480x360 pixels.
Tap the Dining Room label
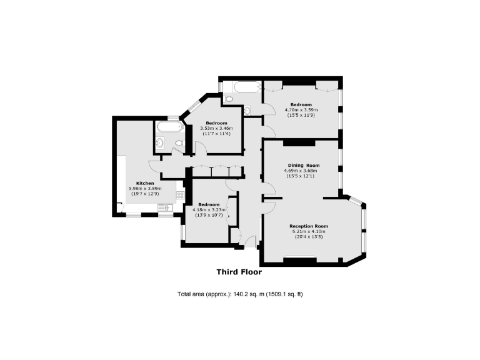pos(300,165)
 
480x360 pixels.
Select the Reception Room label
pos(309,226)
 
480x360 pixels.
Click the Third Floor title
pos(239,272)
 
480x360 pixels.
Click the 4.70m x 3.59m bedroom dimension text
pos(300,110)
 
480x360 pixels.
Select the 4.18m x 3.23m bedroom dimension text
pos(209,210)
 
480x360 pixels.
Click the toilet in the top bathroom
pos(229,99)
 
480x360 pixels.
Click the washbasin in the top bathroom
pos(247,111)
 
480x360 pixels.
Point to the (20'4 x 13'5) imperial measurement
pos(309,237)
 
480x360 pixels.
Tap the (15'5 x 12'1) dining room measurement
pos(300,176)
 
